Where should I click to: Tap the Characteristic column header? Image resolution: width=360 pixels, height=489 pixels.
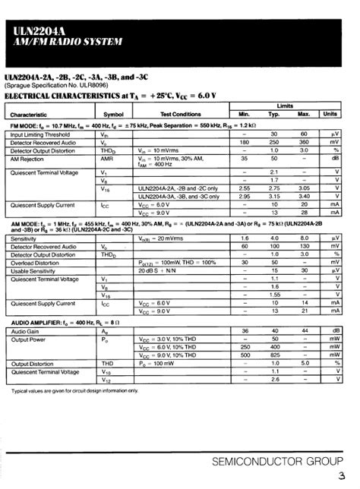[x=28, y=115]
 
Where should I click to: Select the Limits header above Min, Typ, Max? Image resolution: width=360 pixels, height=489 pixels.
[x=283, y=106]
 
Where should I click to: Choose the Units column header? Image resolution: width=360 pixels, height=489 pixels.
[x=330, y=114]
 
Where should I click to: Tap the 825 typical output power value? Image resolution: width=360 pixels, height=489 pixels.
[x=275, y=355]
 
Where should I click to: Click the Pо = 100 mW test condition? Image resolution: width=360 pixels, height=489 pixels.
[x=157, y=363]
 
